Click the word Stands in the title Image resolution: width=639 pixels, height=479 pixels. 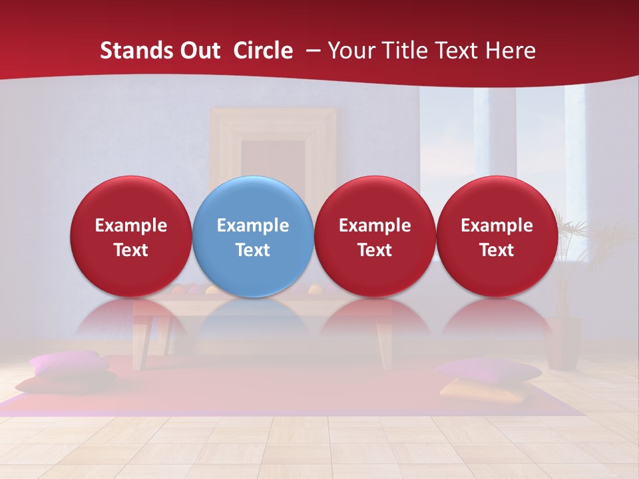pos(132,51)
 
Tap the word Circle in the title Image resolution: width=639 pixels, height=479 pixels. pos(263,51)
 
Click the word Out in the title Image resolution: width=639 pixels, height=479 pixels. pos(198,51)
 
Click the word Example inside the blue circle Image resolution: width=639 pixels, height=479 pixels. pos(253,226)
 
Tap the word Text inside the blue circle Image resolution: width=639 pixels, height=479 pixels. pos(253,250)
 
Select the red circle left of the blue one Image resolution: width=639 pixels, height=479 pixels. pos(131,236)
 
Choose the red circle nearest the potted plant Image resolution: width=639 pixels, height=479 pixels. pos(497,236)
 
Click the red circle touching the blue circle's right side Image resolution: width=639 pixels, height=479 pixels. pos(375,236)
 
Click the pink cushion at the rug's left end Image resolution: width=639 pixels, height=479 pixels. pos(67,363)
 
